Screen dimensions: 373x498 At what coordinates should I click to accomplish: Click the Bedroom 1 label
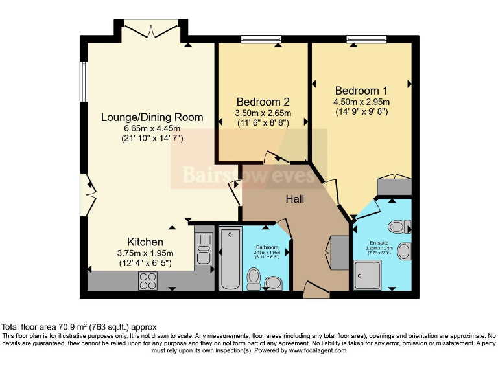coord(361,91)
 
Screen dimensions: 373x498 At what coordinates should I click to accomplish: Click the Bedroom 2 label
coord(263,102)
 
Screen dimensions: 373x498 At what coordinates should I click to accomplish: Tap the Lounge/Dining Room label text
coord(152,117)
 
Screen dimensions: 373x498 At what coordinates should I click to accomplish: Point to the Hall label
coord(295,199)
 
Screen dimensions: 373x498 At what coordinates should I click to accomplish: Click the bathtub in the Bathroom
coord(230,258)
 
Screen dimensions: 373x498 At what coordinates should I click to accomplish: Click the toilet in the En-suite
coord(398,227)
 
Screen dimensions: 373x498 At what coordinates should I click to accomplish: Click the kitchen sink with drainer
coord(204,248)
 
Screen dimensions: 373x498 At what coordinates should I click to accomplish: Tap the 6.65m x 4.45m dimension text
coord(152,128)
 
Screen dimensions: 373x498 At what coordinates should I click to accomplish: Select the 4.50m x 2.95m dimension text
coord(361,102)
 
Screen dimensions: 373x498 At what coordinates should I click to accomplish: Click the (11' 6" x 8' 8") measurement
coord(263,123)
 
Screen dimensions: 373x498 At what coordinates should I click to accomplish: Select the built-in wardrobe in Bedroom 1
coord(394,186)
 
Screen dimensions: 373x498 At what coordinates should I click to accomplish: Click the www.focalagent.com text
coord(317,350)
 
